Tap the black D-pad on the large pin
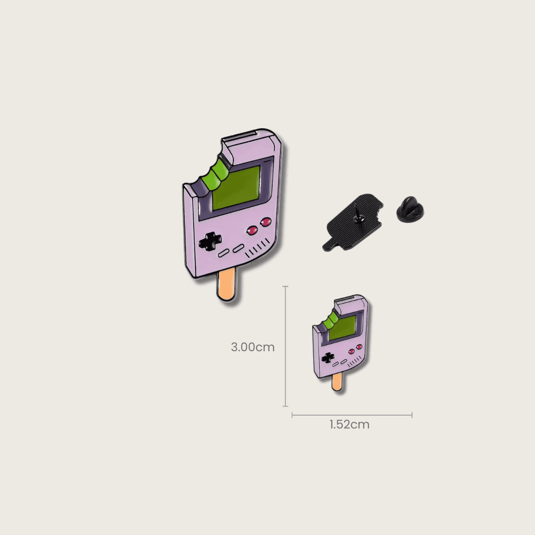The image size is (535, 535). point(210,241)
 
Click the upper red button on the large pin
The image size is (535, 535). point(266,222)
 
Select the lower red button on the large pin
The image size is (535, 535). point(252,231)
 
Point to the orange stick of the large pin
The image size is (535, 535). point(226,284)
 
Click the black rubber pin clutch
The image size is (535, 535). point(410,209)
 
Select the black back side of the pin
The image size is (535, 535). point(353,222)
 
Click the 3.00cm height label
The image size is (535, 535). point(253,347)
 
